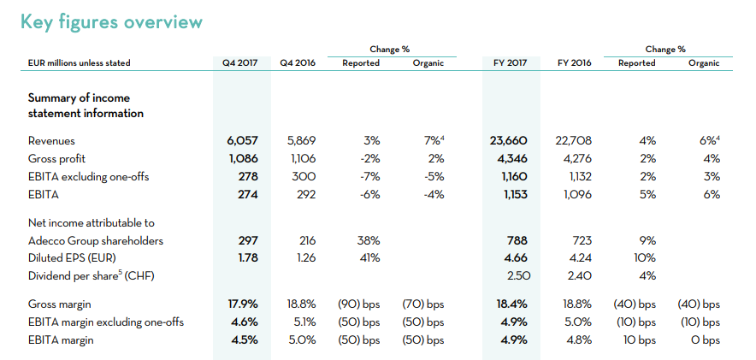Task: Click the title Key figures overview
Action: (x=111, y=22)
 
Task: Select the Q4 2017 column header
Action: (x=240, y=63)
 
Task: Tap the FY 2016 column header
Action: (x=574, y=63)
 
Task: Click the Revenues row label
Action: (x=51, y=141)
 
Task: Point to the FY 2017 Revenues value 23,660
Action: (x=508, y=141)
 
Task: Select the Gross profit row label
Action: (x=57, y=158)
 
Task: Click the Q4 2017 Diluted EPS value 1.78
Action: (x=248, y=258)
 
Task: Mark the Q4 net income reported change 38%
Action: (x=369, y=240)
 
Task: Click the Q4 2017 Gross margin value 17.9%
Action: (x=243, y=304)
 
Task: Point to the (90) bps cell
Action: (x=359, y=304)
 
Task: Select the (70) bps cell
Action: (x=422, y=304)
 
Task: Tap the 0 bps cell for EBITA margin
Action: (x=705, y=340)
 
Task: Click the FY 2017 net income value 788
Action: (x=517, y=240)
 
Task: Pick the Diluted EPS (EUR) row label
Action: (x=73, y=258)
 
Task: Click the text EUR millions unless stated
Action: (x=79, y=63)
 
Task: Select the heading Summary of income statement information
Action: (x=86, y=105)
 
